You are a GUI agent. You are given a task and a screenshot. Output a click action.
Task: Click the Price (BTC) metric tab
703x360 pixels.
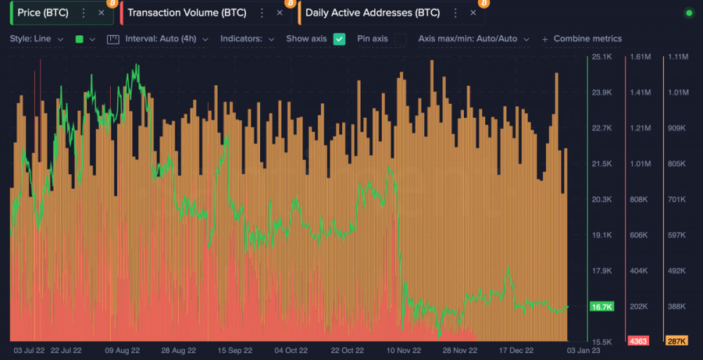pos(43,12)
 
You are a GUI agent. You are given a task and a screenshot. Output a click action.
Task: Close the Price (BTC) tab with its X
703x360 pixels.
pos(102,12)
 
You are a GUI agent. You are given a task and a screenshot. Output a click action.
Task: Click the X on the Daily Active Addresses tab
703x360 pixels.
pos(473,12)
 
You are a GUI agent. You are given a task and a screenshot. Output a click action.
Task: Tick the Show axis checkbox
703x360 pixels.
pos(339,39)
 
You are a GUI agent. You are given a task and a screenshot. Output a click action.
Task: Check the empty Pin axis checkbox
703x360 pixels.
pos(400,39)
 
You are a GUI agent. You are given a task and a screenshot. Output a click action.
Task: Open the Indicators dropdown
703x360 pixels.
pos(247,39)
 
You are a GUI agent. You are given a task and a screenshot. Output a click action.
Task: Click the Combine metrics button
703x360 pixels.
pos(582,39)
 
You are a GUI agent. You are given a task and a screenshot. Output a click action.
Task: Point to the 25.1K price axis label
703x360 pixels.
pos(601,57)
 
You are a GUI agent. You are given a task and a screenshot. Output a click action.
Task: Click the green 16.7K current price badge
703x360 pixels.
pos(602,307)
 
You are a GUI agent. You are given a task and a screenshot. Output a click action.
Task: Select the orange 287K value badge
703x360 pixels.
pos(676,341)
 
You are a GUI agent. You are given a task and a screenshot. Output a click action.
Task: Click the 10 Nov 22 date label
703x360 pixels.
pos(404,351)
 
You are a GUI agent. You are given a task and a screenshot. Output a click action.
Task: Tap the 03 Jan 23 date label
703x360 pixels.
pos(583,351)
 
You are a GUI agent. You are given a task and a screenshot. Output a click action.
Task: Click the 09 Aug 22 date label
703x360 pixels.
pos(122,351)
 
